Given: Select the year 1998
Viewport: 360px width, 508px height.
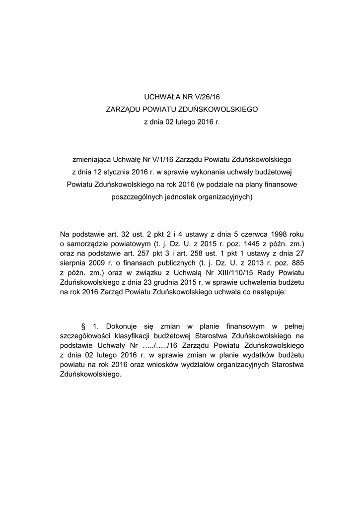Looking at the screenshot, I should click(x=278, y=234).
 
